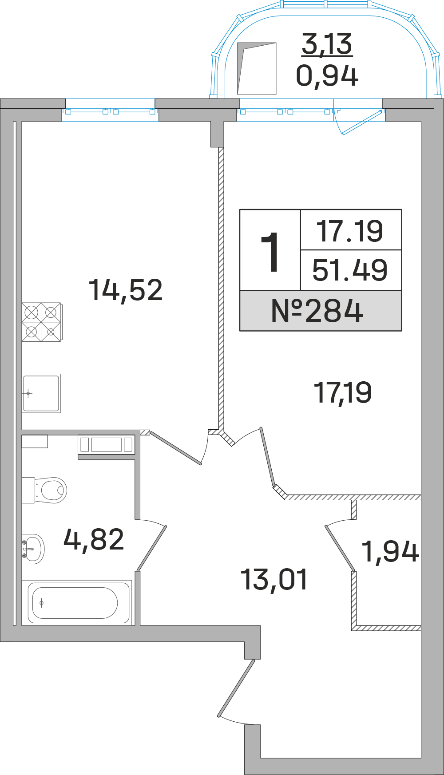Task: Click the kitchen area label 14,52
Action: (x=126, y=290)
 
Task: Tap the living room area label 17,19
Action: (x=342, y=393)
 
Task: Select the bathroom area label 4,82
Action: (x=94, y=540)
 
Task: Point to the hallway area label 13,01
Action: (x=274, y=580)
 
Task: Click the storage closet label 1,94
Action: (x=390, y=552)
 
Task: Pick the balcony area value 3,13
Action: (x=327, y=44)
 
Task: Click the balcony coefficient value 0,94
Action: (x=327, y=76)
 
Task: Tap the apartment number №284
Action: (x=317, y=311)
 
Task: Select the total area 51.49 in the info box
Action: (x=350, y=270)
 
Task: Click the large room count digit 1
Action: (x=270, y=252)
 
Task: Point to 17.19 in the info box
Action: (x=350, y=231)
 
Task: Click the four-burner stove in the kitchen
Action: (x=42, y=322)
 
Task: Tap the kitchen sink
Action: (x=41, y=393)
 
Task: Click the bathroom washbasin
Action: (x=33, y=549)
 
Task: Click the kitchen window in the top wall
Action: (x=110, y=111)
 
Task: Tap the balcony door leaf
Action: (x=359, y=122)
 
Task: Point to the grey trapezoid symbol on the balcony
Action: (x=257, y=68)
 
